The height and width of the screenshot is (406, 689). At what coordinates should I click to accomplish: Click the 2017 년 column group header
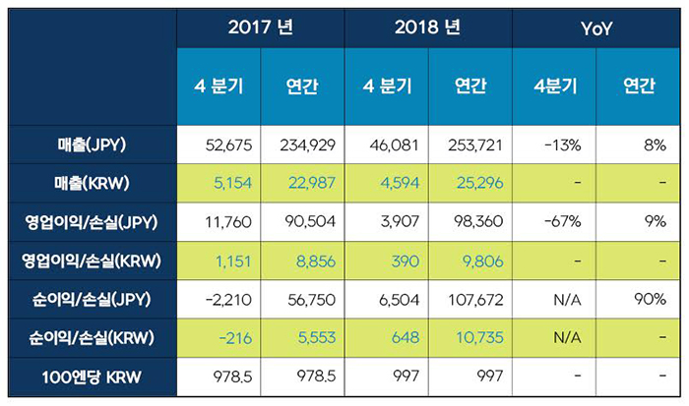coord(261,28)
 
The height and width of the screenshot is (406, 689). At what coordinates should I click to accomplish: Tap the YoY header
coord(596,28)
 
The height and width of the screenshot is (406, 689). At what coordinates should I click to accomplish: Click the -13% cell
coord(557,145)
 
